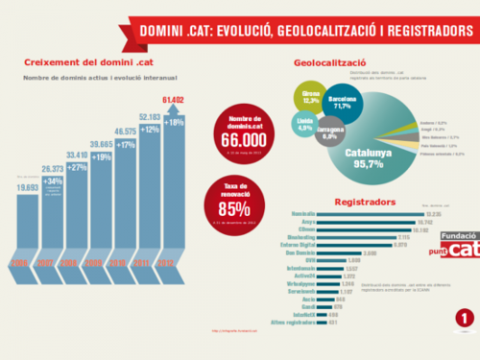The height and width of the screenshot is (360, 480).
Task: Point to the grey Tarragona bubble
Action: [333, 131]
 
